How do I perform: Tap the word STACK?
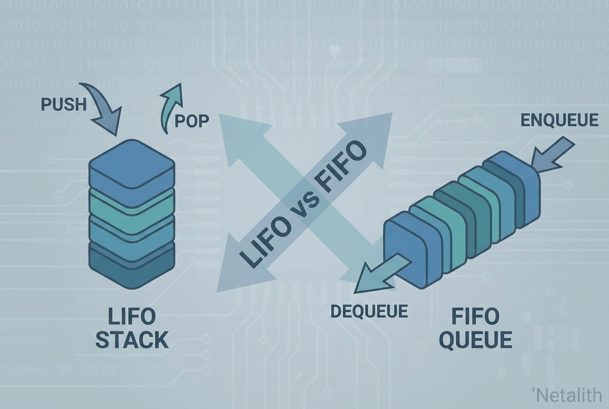click(x=132, y=340)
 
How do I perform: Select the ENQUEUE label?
click(x=559, y=120)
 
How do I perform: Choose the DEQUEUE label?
click(x=369, y=311)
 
